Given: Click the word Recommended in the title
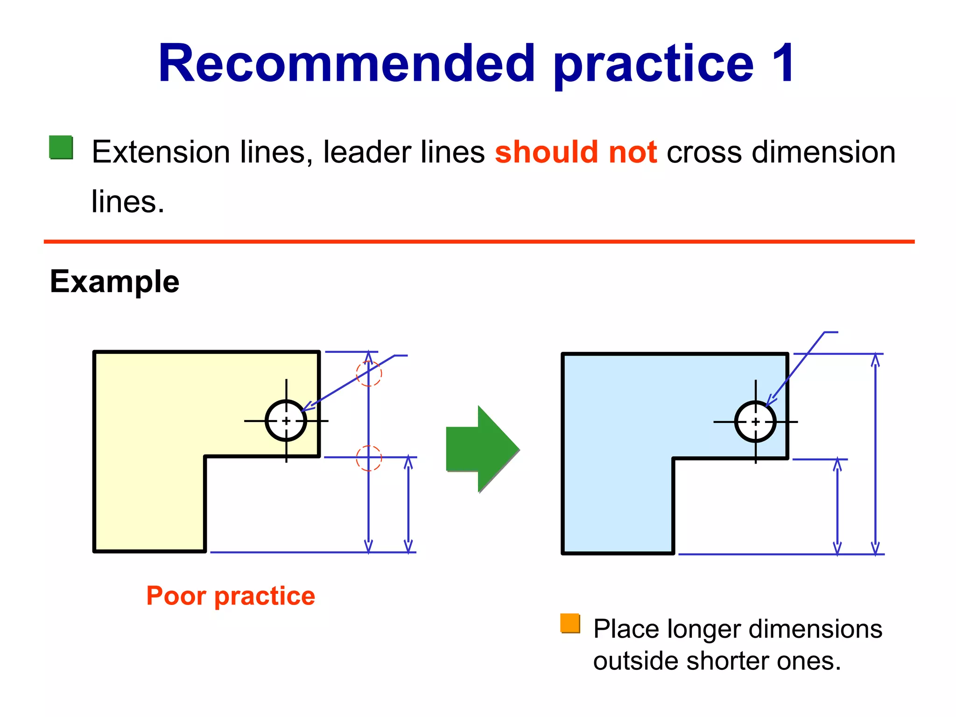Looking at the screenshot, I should (346, 64).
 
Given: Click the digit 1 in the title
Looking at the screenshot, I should (782, 64).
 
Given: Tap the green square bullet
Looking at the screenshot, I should (61, 148).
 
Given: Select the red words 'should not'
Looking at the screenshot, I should (576, 152).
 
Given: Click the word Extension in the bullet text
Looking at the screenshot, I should (161, 152).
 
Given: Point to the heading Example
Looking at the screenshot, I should (114, 281).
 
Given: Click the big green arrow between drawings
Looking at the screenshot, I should (482, 449).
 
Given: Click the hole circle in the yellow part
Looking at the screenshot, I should (286, 421).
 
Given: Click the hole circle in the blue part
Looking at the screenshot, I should (755, 422).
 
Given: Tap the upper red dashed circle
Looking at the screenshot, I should (369, 373).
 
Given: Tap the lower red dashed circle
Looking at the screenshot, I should (369, 458).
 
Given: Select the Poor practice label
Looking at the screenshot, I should (231, 596).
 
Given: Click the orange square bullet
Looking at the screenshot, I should (570, 624).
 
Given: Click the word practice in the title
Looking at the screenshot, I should (654, 64).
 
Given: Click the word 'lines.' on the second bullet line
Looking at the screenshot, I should (128, 202).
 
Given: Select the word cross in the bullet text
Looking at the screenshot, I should (704, 152).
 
